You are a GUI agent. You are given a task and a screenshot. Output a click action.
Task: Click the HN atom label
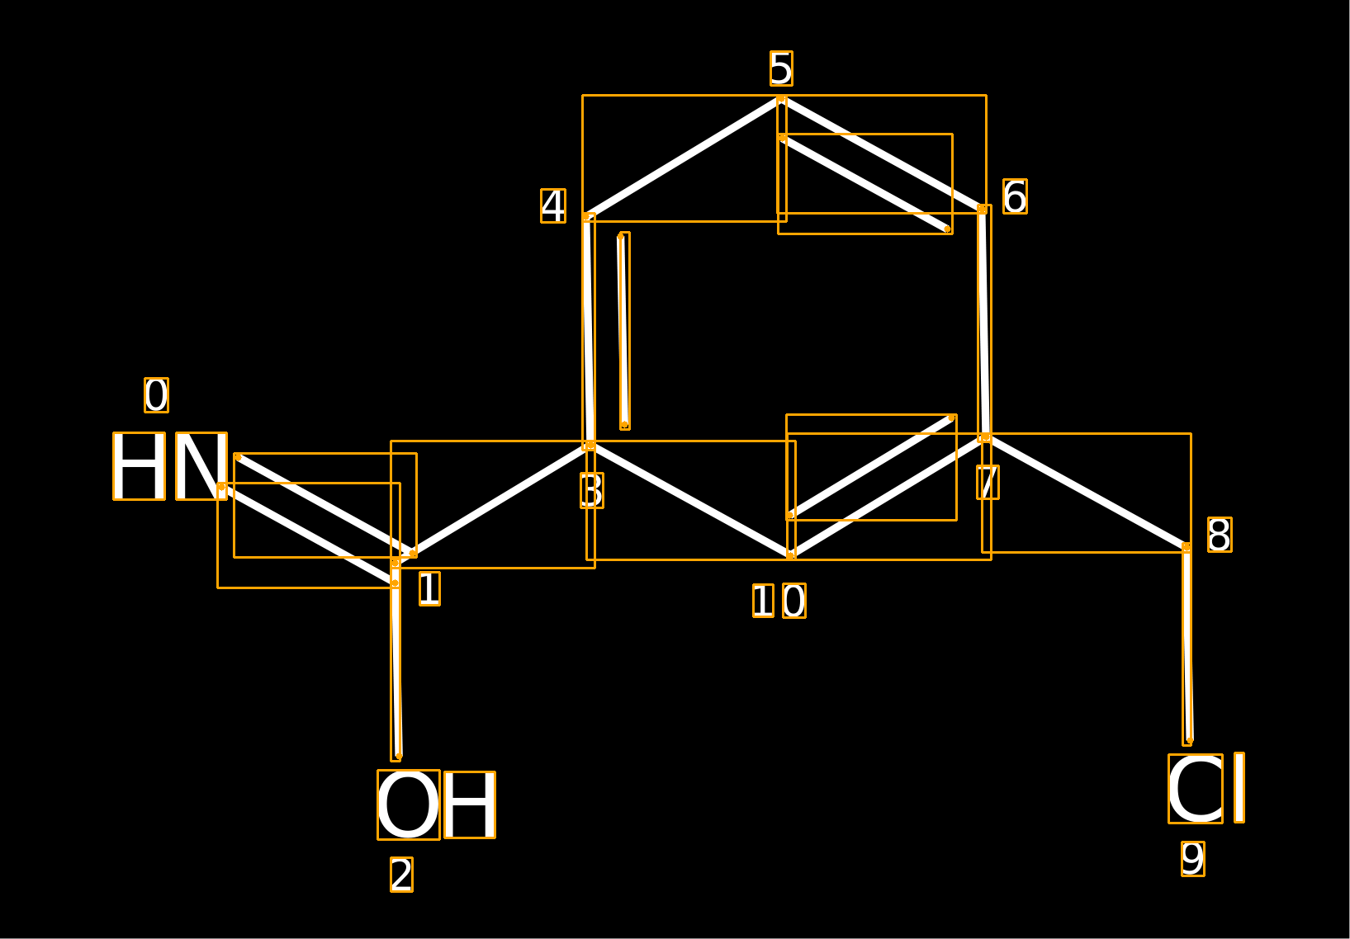170,465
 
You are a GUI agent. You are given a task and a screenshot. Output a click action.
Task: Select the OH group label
436,804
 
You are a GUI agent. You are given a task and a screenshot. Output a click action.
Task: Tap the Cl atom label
1206,788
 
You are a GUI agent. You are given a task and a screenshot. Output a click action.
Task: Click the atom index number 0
156,395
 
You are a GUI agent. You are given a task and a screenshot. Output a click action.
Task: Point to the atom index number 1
429,588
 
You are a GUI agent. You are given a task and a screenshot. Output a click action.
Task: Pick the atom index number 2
401,875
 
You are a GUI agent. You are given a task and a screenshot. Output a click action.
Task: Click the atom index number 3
592,490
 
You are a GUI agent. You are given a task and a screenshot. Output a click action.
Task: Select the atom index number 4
553,206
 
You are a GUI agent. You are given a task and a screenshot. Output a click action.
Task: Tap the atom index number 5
781,68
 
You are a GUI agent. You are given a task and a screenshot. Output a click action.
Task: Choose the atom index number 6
1016,196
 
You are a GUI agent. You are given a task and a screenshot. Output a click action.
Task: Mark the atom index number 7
988,482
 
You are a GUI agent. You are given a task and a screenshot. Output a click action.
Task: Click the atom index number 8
1220,534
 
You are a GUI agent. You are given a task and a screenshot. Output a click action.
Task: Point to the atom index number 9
1193,859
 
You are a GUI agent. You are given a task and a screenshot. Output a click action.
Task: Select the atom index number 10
779,601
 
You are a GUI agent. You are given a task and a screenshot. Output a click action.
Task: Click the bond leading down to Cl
1187,644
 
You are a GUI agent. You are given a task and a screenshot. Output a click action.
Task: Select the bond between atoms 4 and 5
684,158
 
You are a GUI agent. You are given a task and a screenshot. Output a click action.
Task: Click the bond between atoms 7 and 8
1087,493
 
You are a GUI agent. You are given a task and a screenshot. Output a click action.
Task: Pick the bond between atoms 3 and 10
690,501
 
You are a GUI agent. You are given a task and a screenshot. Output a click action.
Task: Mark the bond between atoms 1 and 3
493,504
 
